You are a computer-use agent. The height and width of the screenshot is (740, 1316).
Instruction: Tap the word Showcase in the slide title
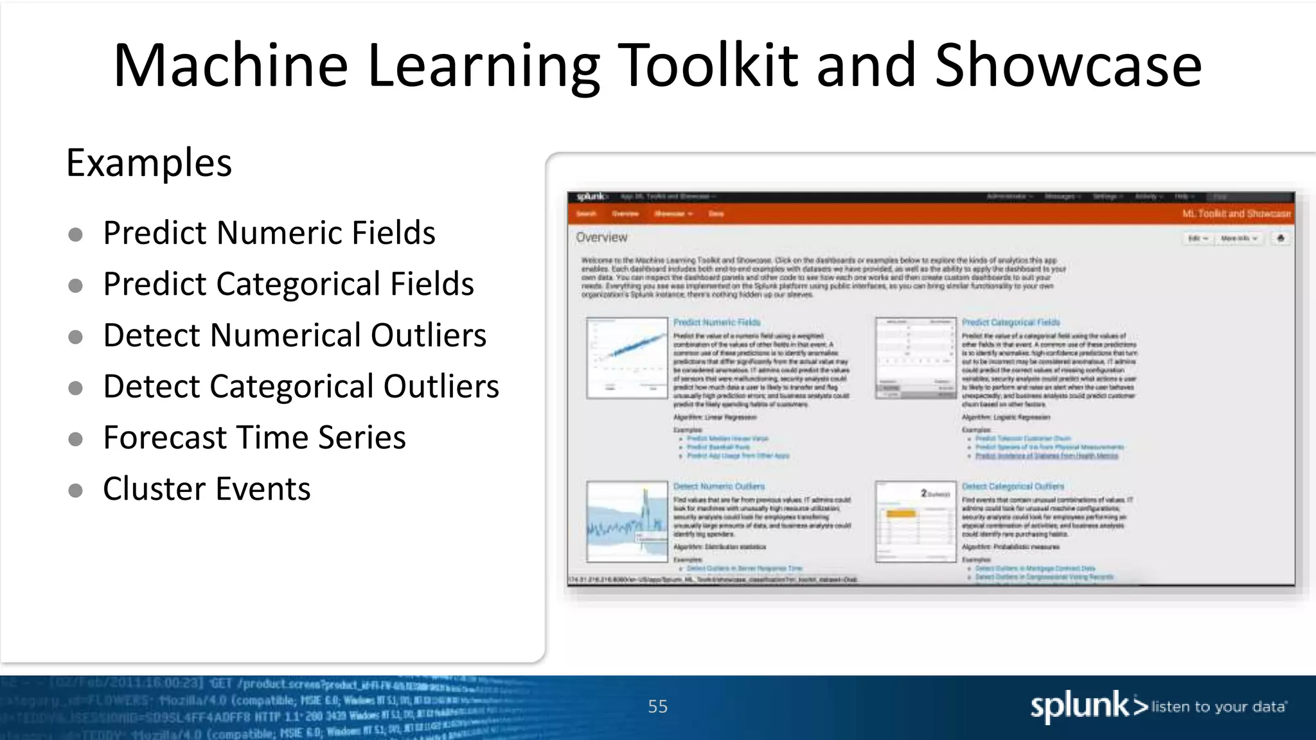click(x=1068, y=66)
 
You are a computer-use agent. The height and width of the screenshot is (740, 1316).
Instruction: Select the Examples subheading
click(x=148, y=163)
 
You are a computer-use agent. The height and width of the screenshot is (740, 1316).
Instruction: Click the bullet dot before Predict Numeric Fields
click(x=75, y=234)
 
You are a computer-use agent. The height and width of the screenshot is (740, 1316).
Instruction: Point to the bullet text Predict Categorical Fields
click(x=288, y=284)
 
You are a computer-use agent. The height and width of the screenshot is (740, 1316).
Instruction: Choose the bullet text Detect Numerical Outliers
click(x=294, y=335)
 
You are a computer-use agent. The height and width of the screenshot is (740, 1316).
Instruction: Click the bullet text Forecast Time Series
click(x=254, y=438)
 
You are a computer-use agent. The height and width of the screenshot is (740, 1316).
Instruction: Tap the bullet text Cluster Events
click(x=206, y=489)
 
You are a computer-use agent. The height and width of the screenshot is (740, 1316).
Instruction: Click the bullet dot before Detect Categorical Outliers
click(x=75, y=388)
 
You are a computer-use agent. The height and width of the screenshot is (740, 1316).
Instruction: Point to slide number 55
click(x=657, y=707)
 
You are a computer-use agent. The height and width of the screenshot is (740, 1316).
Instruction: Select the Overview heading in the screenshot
click(x=601, y=238)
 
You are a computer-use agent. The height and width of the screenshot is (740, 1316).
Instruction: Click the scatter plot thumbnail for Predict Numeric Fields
click(x=627, y=358)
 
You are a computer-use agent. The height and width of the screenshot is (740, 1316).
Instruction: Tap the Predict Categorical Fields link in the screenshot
click(x=1010, y=322)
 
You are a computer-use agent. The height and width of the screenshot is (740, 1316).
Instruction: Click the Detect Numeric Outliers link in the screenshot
click(x=718, y=487)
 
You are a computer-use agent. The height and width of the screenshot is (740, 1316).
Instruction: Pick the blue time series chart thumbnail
click(x=627, y=522)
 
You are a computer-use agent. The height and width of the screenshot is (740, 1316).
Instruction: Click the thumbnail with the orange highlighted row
click(x=916, y=522)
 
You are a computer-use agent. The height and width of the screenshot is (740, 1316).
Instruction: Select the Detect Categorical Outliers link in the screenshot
click(x=1013, y=487)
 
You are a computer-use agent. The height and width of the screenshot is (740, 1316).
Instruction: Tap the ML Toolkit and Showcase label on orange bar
click(x=1236, y=214)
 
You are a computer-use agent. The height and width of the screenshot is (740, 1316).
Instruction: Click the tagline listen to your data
click(x=1218, y=707)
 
